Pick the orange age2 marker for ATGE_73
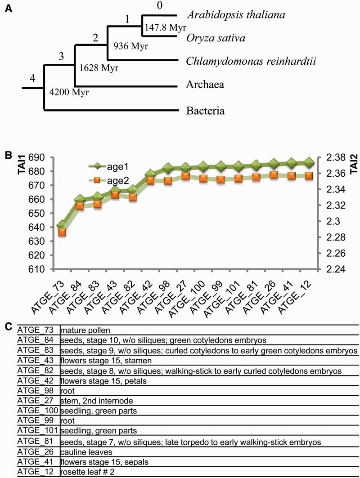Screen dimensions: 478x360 pyautogui.click(x=62, y=232)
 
